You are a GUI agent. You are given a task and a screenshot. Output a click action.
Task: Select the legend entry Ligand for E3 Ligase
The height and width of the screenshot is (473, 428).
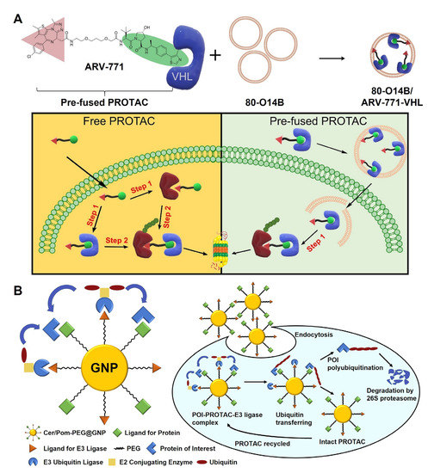[x=47, y=452]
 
